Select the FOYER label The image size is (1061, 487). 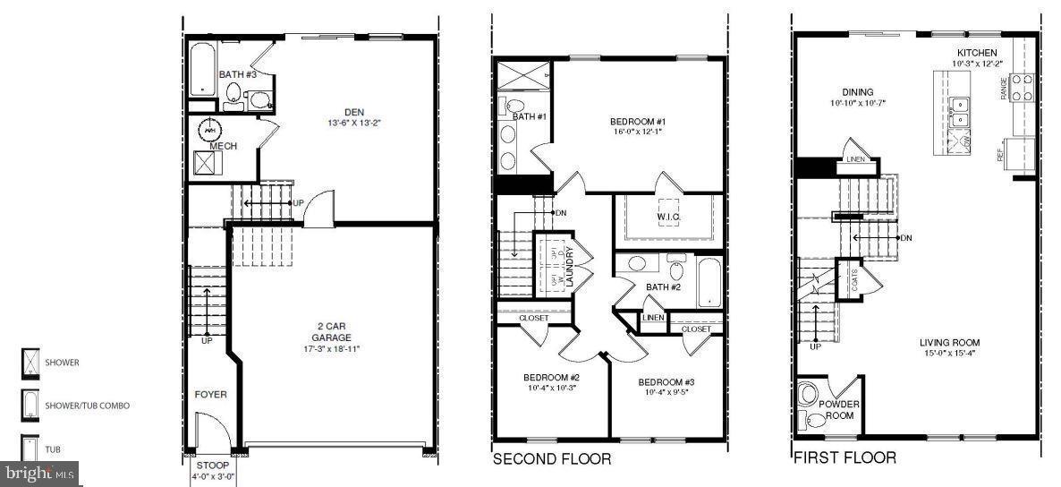211,395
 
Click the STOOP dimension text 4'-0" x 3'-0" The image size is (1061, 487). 213,477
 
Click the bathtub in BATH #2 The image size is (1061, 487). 708,283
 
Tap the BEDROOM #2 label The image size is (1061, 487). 552,377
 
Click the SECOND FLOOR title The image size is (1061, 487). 552,459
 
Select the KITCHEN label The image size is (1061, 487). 977,53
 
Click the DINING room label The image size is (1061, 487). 857,92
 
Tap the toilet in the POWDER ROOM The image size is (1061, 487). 809,395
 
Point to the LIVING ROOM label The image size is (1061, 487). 949,342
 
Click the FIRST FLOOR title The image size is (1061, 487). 845,457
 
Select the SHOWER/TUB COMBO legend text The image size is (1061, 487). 88,406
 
